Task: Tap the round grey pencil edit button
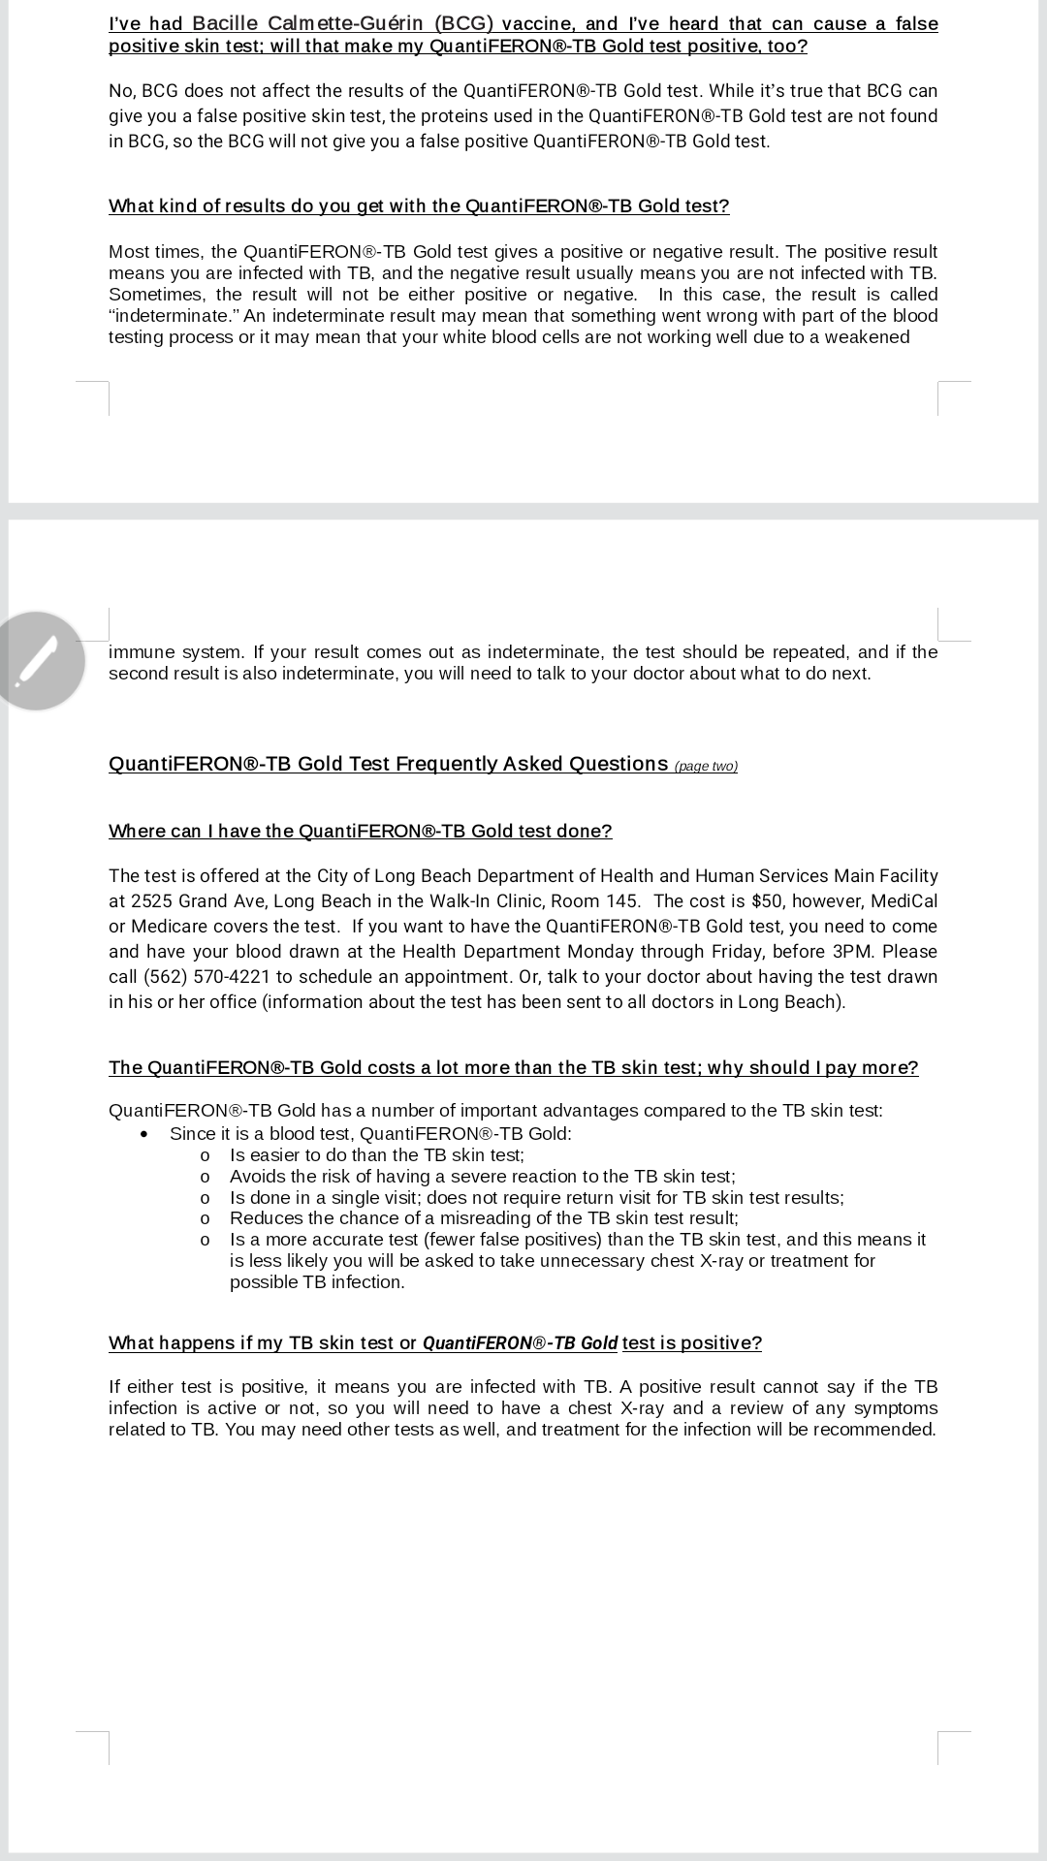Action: [37, 661]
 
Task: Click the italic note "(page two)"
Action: [706, 767]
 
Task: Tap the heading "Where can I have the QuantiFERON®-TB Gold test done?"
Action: [360, 831]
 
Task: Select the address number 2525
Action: [152, 900]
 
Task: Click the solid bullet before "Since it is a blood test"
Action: [144, 1134]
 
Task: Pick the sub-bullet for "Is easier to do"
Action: [205, 1155]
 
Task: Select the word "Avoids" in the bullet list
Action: [257, 1176]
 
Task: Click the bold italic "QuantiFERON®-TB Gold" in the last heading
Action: [520, 1342]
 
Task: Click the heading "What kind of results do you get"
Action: [418, 205]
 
